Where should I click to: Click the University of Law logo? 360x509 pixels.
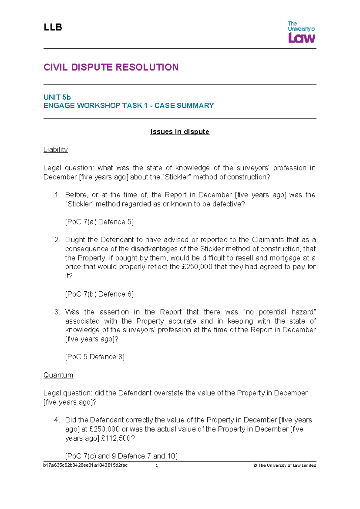(301, 32)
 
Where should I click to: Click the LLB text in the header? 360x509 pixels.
(53, 27)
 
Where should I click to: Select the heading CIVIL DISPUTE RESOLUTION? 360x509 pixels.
(111, 67)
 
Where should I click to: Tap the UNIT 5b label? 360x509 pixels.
(57, 97)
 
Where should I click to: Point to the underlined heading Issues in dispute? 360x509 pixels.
(180, 132)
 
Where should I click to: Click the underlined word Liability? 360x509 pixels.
(55, 149)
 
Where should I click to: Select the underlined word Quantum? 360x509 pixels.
(58, 375)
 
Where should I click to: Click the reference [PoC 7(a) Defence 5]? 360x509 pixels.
(99, 222)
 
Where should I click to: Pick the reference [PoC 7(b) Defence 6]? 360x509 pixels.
(99, 294)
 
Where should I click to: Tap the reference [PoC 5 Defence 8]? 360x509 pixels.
(95, 357)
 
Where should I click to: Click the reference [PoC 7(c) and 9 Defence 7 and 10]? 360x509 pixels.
(121, 456)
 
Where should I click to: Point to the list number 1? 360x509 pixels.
(57, 195)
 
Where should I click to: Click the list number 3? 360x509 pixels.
(57, 312)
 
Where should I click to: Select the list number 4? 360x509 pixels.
(57, 420)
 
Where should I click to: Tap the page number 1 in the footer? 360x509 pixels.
(157, 465)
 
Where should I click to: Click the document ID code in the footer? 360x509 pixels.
(85, 465)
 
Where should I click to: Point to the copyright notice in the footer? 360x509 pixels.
(285, 465)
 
